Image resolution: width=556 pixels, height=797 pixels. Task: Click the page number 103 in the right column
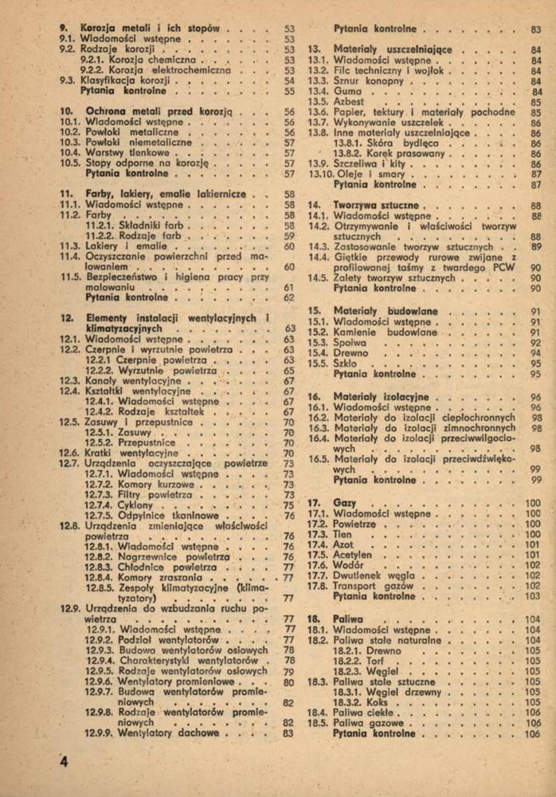coord(532,596)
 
